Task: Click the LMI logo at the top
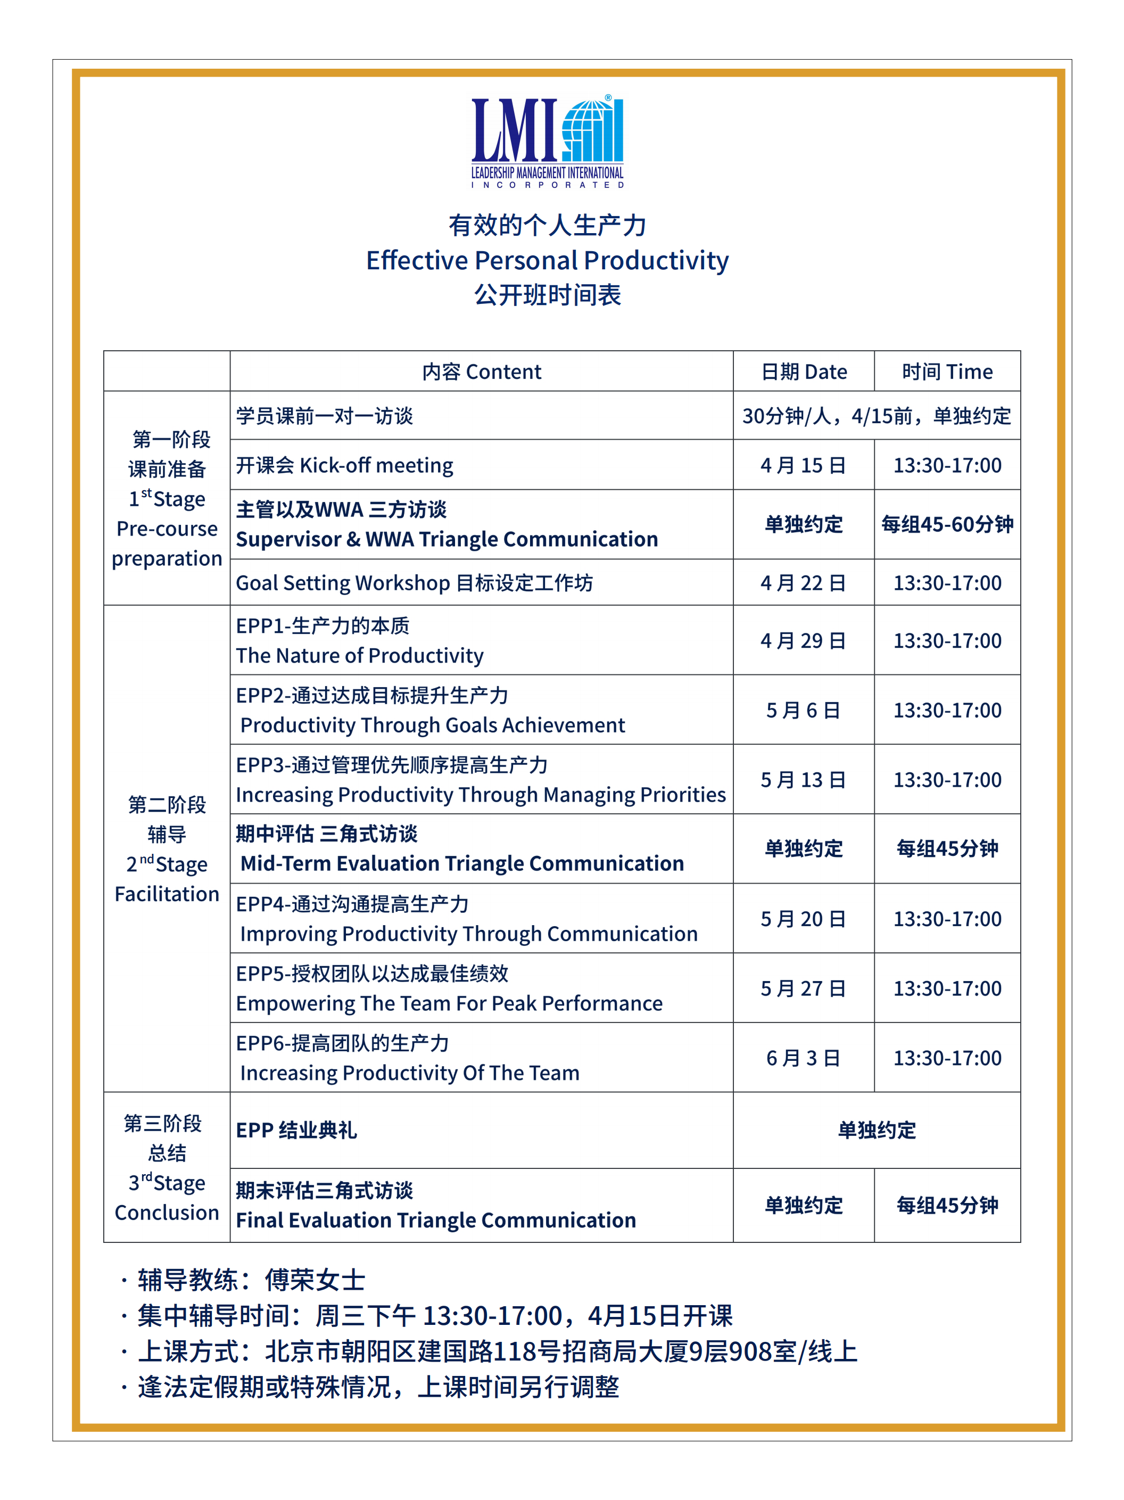click(x=547, y=141)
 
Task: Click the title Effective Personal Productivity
click(x=547, y=260)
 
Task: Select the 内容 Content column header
click(x=481, y=372)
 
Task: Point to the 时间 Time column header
click(x=947, y=372)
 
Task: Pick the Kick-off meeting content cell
click(x=344, y=465)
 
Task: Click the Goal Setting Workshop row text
click(x=414, y=582)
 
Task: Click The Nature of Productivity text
click(x=359, y=656)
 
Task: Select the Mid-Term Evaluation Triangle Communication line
click(x=461, y=863)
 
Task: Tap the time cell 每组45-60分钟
click(x=947, y=524)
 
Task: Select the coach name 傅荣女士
click(x=315, y=1280)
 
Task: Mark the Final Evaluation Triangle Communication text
click(x=436, y=1220)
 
